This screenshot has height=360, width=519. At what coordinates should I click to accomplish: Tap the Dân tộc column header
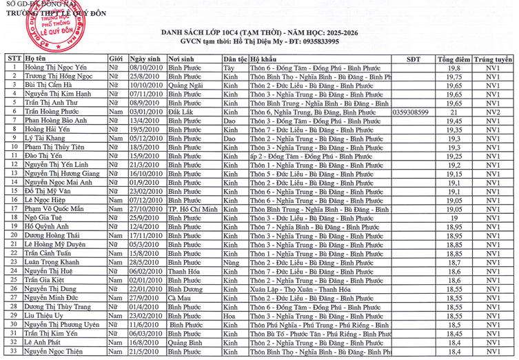pyautogui.click(x=235, y=59)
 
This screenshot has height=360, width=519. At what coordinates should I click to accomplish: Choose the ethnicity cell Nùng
pyautogui.click(x=232, y=262)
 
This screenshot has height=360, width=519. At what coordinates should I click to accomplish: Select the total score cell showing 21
pyautogui.click(x=454, y=111)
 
